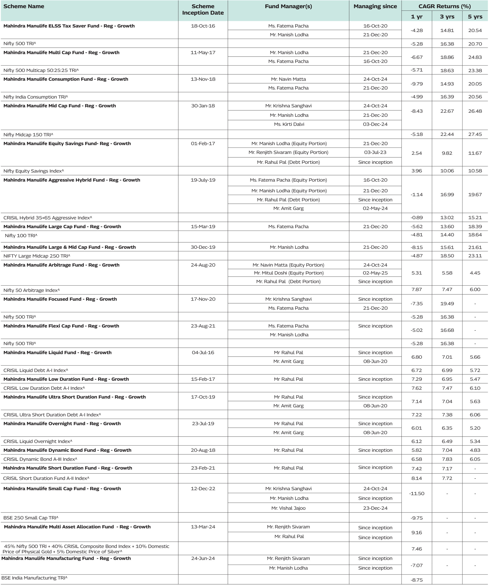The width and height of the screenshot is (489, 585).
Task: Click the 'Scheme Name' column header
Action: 24,6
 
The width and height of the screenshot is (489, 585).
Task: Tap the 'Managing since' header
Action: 375,6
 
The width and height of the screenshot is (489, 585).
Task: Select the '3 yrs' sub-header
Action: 447,17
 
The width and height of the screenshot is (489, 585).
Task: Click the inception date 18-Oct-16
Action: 203,26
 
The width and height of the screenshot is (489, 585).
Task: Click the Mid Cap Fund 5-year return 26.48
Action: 475,111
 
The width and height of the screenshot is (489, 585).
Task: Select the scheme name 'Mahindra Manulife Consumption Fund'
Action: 66,79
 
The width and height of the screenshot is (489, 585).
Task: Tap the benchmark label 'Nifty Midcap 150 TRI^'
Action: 28,135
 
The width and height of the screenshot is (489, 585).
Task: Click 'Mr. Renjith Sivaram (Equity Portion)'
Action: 288,152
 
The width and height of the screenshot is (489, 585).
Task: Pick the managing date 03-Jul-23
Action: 375,152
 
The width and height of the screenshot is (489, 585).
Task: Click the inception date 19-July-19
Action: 203,180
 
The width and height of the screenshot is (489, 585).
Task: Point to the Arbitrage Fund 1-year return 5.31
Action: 416,273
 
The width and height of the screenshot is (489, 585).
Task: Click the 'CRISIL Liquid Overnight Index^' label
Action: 38,441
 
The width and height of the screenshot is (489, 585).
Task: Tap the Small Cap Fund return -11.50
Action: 416,493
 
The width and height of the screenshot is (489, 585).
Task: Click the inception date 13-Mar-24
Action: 203,527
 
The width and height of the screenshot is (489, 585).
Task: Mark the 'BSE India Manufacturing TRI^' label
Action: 34,578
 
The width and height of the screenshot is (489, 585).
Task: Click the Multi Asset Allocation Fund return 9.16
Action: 416,532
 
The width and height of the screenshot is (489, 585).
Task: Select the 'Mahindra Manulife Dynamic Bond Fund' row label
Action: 67,450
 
